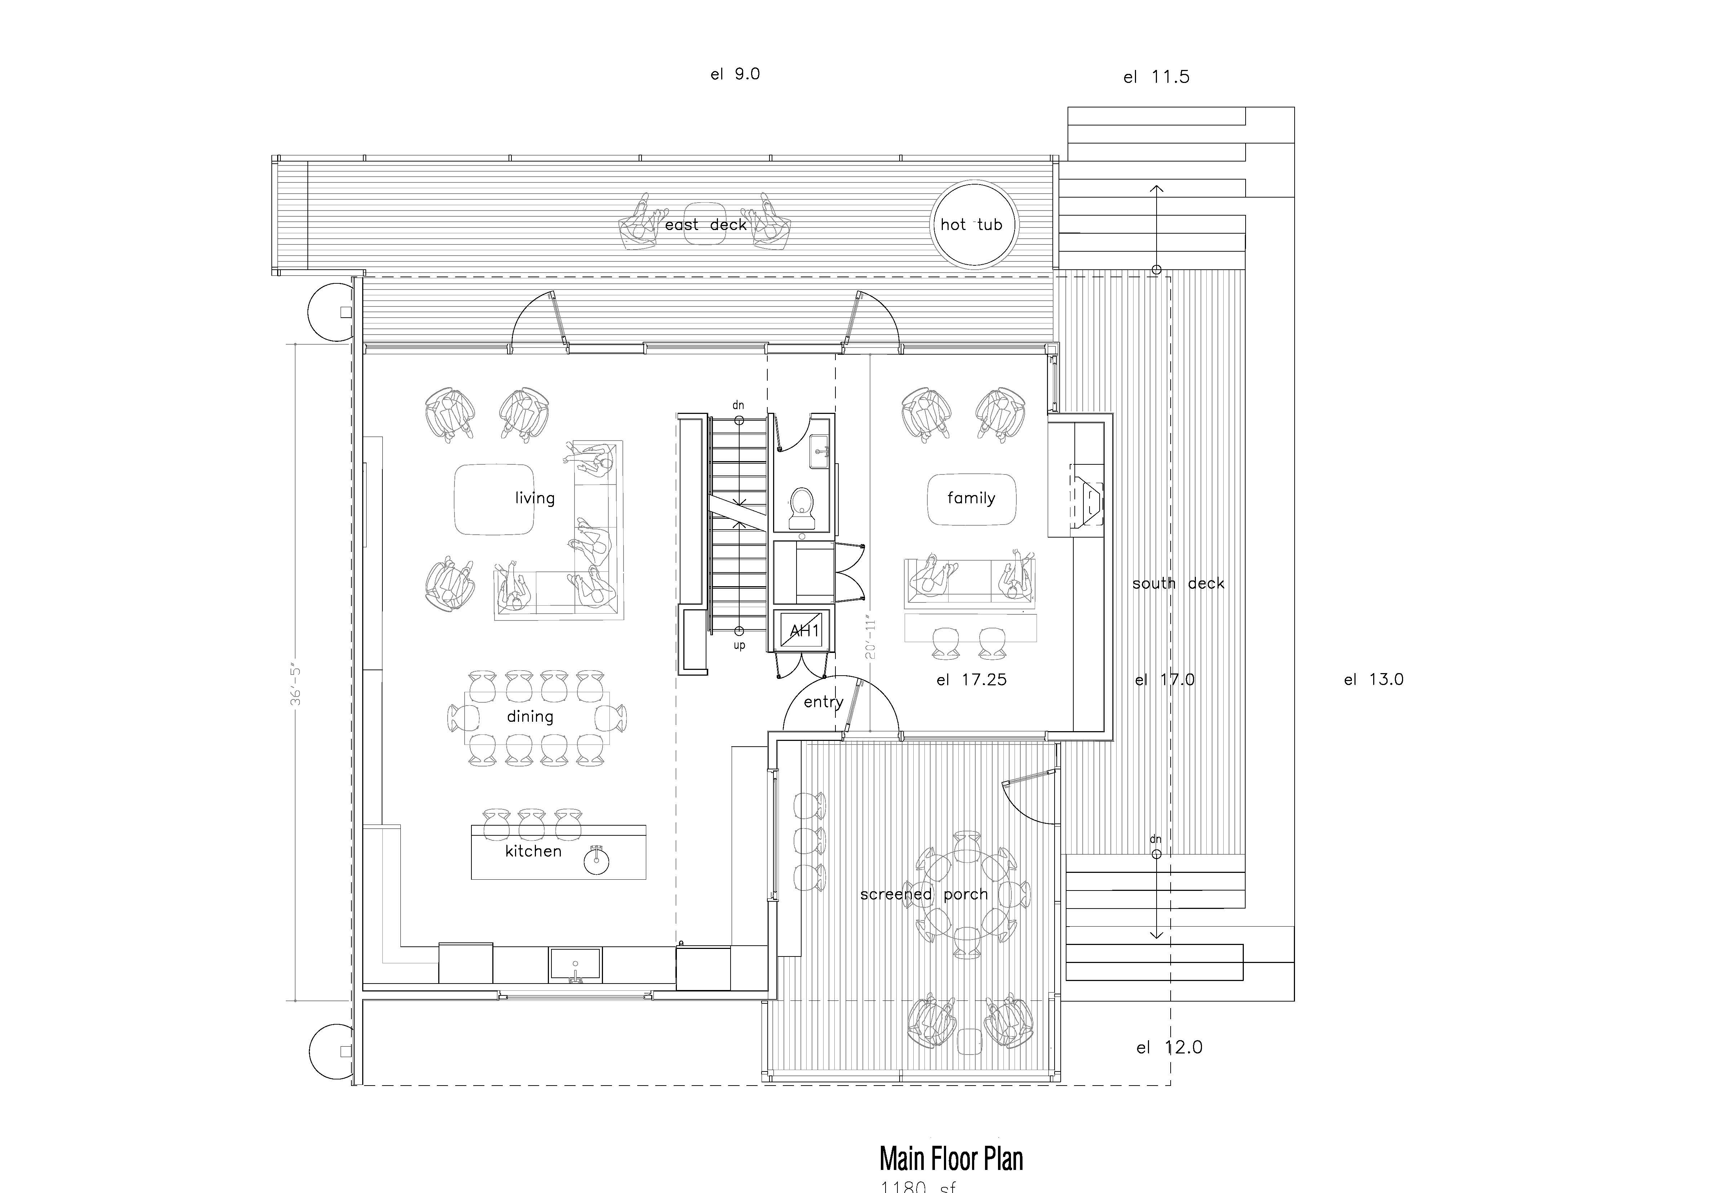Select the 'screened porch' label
[924, 894]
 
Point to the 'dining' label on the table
[530, 716]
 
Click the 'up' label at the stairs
[739, 645]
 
